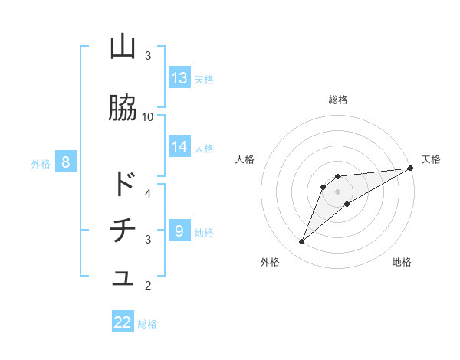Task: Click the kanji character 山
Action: click(123, 47)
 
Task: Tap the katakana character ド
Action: click(123, 185)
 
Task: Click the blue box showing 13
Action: click(179, 78)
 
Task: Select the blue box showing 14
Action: click(179, 146)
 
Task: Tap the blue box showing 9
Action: click(179, 231)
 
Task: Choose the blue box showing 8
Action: click(66, 162)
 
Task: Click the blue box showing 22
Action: click(123, 322)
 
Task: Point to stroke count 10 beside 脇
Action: click(148, 116)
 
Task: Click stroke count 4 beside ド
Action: click(148, 193)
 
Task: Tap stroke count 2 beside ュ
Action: click(148, 286)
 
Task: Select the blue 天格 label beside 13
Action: click(204, 79)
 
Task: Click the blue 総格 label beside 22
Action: click(147, 323)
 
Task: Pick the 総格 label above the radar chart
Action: click(337, 100)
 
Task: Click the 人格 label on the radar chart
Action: click(245, 159)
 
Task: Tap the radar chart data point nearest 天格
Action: click(410, 168)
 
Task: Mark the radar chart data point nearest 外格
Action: click(302, 242)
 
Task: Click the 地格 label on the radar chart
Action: click(402, 262)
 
